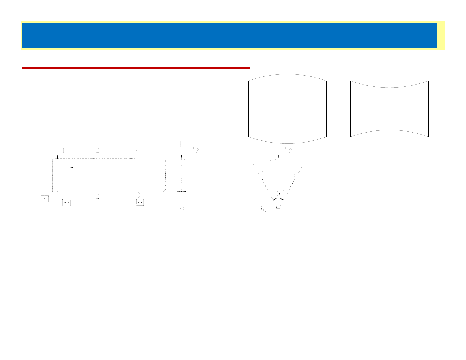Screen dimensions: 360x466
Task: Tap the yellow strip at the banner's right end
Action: click(440, 36)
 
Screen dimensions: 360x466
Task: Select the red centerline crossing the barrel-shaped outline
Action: click(288, 109)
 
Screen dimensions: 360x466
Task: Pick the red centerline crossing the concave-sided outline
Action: click(390, 109)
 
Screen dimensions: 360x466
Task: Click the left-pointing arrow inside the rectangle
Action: click(78, 167)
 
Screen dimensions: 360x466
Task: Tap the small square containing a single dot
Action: click(44, 199)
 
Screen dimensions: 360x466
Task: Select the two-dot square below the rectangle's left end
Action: click(66, 202)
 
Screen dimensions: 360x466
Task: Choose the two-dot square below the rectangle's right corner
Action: click(140, 202)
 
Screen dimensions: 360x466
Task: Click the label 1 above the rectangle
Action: click(64, 150)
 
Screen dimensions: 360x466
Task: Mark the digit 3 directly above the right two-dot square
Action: click(139, 195)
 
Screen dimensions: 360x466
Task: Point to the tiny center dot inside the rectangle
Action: click(93, 175)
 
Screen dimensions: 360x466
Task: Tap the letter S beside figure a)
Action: click(198, 151)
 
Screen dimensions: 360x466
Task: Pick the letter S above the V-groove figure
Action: click(290, 151)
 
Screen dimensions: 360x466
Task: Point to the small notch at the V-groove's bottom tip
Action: click(279, 208)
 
